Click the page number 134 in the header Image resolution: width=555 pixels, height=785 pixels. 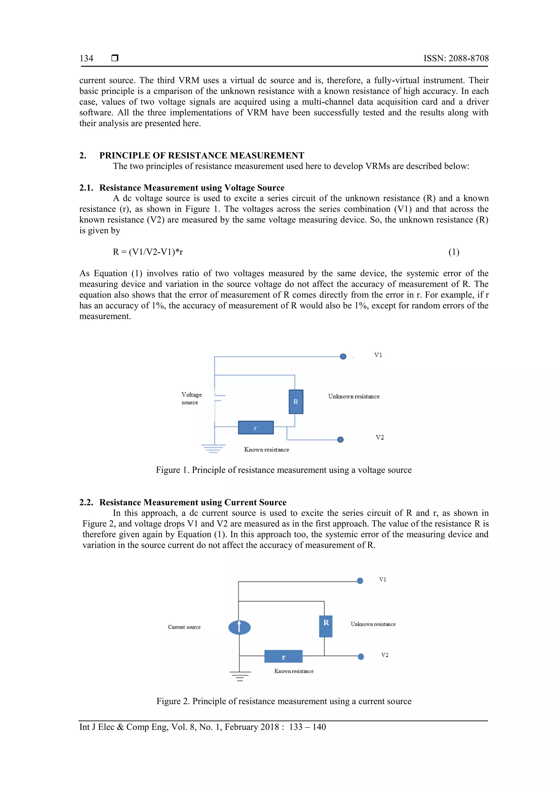click(x=86, y=59)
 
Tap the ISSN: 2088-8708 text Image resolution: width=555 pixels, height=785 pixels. click(x=456, y=59)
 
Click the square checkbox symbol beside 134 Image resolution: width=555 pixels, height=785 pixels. click(x=115, y=58)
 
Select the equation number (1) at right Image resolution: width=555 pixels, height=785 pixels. click(x=454, y=252)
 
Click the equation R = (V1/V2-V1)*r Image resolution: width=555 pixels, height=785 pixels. click(x=148, y=252)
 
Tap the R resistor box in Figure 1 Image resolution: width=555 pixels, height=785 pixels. click(x=296, y=402)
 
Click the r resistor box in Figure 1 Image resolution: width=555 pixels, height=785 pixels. click(x=256, y=428)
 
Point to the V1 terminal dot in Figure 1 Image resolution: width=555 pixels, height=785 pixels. click(x=343, y=357)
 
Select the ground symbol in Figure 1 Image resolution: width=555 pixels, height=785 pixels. click(x=213, y=448)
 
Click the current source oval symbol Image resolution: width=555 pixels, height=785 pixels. click(x=239, y=627)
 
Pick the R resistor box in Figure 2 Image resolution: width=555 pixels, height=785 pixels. click(x=325, y=626)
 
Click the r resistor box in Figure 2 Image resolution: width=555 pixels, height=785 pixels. click(x=283, y=657)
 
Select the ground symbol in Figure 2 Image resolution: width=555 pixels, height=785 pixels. click(x=240, y=676)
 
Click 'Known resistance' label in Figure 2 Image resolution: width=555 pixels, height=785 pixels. click(x=294, y=671)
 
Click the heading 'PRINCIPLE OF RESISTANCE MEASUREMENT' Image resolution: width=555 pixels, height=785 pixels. click(x=201, y=156)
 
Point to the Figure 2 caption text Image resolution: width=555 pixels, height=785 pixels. click(x=284, y=701)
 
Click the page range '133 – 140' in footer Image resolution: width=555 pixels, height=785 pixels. click(x=307, y=727)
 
